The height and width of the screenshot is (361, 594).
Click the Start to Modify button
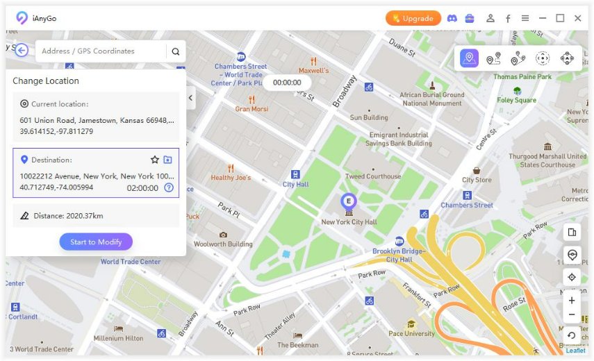[96, 242]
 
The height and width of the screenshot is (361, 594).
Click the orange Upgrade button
[413, 19]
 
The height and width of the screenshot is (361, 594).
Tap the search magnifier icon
[176, 51]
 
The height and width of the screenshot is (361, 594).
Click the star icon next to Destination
[155, 160]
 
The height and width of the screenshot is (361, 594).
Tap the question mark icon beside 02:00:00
[169, 187]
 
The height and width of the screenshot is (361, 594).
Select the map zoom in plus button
[572, 301]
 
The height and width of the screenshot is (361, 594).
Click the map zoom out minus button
[572, 315]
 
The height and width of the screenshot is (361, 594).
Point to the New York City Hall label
[349, 222]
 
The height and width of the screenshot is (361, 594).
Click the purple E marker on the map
[348, 201]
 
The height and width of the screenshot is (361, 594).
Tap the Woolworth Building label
[222, 244]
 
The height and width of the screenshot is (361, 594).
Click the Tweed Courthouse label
[373, 176]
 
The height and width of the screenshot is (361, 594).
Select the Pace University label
[412, 334]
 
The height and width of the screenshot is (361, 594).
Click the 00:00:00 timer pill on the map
[287, 83]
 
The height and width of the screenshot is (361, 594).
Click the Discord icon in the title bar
[452, 19]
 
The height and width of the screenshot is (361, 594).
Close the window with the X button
[577, 19]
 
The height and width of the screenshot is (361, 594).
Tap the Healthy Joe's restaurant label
[231, 178]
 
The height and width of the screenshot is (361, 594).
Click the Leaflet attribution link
[575, 351]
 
